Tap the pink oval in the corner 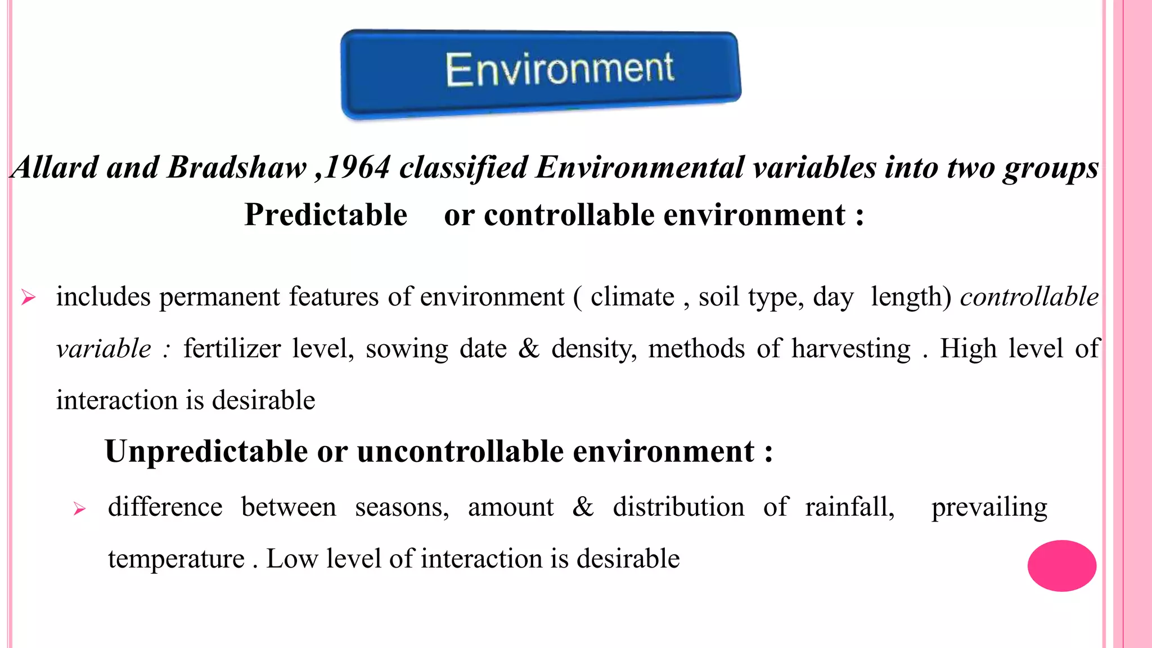tap(1061, 565)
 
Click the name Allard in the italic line tap(54, 168)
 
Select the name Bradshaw tap(237, 168)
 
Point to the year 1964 tap(358, 168)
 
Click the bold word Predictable tap(326, 215)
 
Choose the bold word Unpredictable tap(206, 452)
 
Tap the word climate tap(632, 297)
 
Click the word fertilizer tap(232, 349)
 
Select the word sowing tap(407, 349)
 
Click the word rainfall tap(849, 507)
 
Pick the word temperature tap(176, 559)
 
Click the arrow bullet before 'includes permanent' tap(28, 297)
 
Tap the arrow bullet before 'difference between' tap(79, 509)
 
